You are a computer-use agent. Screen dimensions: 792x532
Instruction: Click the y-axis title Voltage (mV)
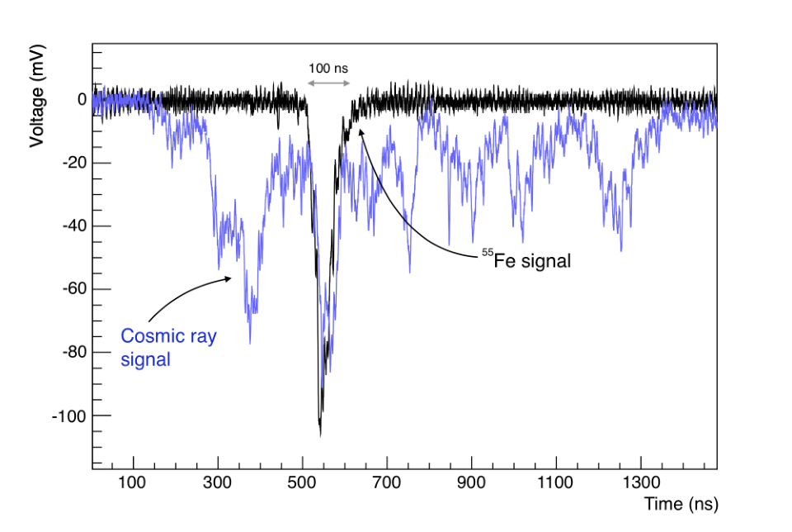coord(37,96)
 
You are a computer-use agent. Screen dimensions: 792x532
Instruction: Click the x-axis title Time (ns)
coord(681,504)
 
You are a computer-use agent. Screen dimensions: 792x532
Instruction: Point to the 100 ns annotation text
coord(328,69)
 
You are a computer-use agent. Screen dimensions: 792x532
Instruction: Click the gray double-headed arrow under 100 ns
coord(329,83)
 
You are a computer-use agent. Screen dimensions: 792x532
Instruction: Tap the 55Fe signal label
coord(526,260)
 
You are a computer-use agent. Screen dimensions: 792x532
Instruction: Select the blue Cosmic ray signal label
coord(168,348)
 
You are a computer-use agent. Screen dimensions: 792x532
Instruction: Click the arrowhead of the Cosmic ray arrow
coord(229,278)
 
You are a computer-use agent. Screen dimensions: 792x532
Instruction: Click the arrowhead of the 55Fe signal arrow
coord(361,131)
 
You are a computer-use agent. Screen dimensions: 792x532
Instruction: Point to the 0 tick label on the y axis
coord(82,100)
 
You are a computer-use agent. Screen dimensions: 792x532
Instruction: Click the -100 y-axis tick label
coord(69,416)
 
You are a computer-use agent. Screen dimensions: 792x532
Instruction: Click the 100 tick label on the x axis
coord(132,482)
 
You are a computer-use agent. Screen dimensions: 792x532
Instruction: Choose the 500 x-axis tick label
coord(302,482)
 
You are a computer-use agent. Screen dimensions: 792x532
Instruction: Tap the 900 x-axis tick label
coord(471,482)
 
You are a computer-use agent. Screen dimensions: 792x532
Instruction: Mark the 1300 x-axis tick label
coord(641,482)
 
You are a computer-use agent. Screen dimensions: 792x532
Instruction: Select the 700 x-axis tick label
coord(386,482)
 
